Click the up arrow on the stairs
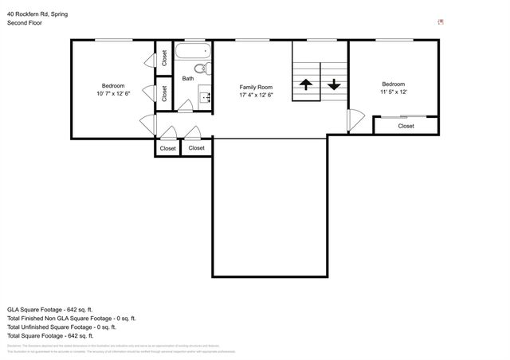(306, 84)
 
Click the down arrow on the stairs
(333, 84)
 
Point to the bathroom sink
(204, 97)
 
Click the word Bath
(188, 78)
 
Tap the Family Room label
(257, 87)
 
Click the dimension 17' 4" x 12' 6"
(257, 96)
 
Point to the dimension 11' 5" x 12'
(393, 92)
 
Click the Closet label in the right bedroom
(406, 126)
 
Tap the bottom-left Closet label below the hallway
(167, 148)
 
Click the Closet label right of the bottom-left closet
(196, 148)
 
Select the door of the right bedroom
(354, 121)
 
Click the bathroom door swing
(184, 105)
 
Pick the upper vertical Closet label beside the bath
(163, 57)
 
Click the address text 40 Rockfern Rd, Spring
(38, 14)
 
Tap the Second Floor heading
(25, 23)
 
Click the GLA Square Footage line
(50, 309)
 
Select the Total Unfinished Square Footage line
(61, 327)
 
